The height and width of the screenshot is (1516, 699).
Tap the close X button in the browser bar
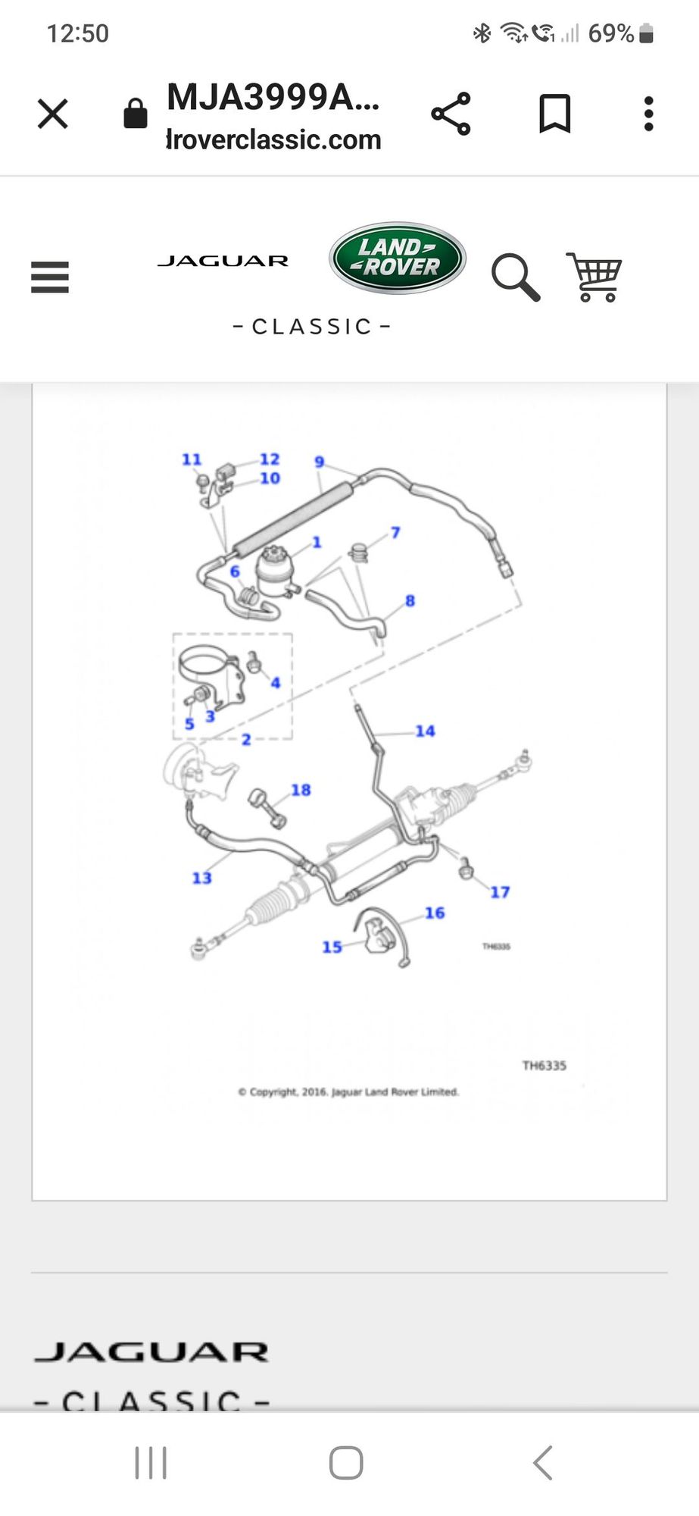(x=53, y=114)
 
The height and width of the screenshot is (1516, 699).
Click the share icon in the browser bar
(x=451, y=114)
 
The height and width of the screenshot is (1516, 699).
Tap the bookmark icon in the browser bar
(x=554, y=114)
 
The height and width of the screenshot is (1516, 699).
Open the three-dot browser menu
(x=648, y=114)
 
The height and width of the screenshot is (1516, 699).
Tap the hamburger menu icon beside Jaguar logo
(x=50, y=277)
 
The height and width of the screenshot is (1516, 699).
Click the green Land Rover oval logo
(x=397, y=258)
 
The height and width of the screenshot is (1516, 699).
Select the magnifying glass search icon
(x=516, y=277)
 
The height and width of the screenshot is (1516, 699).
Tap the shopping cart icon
(x=594, y=277)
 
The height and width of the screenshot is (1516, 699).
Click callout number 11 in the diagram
(x=192, y=459)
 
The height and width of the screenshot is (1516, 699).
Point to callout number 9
(x=320, y=462)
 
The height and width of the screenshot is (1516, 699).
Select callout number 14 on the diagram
(x=425, y=731)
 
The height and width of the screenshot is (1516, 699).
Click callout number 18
(x=301, y=790)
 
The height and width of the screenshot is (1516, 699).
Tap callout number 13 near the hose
(x=201, y=878)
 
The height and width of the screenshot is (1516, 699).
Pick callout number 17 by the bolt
(x=500, y=892)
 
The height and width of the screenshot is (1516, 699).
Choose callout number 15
(x=332, y=947)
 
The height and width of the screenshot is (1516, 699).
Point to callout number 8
(x=410, y=600)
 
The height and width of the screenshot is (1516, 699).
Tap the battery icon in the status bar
(x=646, y=33)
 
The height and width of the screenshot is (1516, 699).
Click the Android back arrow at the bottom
(x=542, y=1462)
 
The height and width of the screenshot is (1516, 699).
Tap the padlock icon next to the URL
(x=136, y=114)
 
